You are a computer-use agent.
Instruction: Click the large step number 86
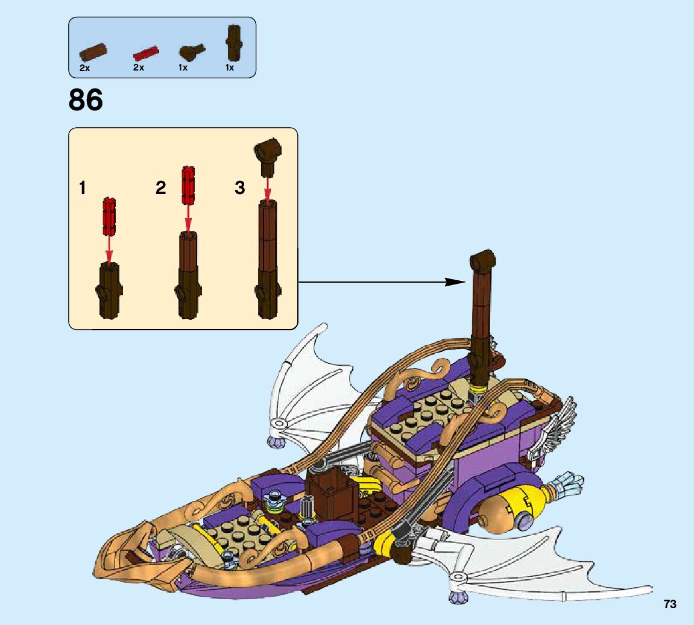pyautogui.click(x=86, y=100)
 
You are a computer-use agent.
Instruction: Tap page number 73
pyautogui.click(x=670, y=604)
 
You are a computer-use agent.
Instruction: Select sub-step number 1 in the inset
pyautogui.click(x=82, y=188)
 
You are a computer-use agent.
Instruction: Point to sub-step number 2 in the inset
pyautogui.click(x=160, y=188)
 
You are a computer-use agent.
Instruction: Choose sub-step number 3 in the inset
pyautogui.click(x=240, y=188)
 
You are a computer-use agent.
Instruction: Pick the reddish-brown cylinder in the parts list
pyautogui.click(x=93, y=50)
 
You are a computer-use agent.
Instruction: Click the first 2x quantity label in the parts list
pyautogui.click(x=84, y=68)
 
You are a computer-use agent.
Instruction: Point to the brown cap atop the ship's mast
pyautogui.click(x=482, y=260)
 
